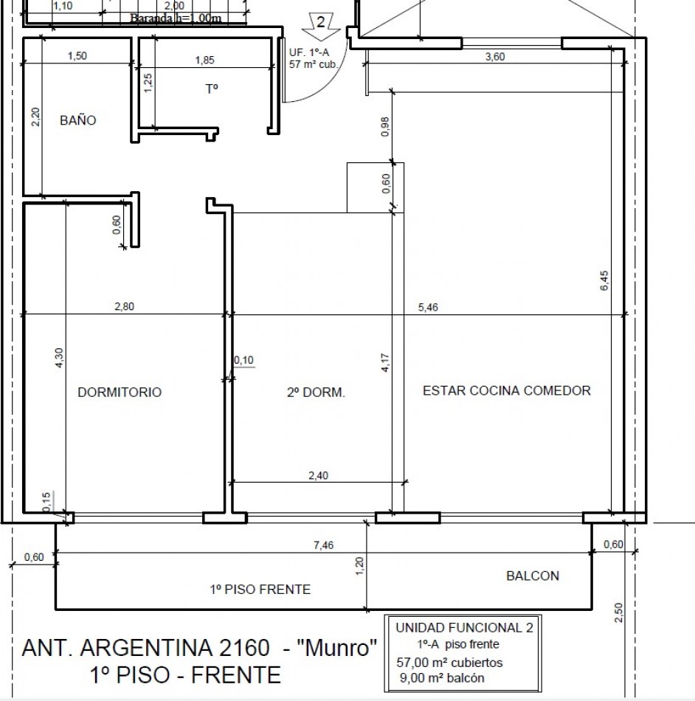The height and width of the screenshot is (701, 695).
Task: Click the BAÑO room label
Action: pyautogui.click(x=77, y=120)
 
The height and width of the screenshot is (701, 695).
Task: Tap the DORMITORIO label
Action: pyautogui.click(x=120, y=392)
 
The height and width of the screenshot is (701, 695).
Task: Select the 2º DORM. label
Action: pyautogui.click(x=316, y=393)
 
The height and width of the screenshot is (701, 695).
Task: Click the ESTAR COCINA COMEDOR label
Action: pyautogui.click(x=506, y=390)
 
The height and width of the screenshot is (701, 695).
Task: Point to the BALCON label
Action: pyautogui.click(x=532, y=576)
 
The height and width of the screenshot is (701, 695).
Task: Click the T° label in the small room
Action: pyautogui.click(x=212, y=89)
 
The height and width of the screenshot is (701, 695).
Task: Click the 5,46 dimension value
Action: pyautogui.click(x=428, y=308)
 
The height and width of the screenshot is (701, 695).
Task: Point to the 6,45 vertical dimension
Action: pyautogui.click(x=604, y=281)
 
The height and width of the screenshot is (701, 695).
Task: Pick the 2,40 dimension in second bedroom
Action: pyautogui.click(x=318, y=476)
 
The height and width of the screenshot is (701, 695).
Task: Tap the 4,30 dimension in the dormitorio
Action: pyautogui.click(x=60, y=355)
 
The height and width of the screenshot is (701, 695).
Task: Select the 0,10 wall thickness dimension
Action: pyautogui.click(x=243, y=360)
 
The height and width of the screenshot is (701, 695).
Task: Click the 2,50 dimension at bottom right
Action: pyautogui.click(x=618, y=612)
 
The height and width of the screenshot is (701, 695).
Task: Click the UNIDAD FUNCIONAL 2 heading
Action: pyautogui.click(x=464, y=628)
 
